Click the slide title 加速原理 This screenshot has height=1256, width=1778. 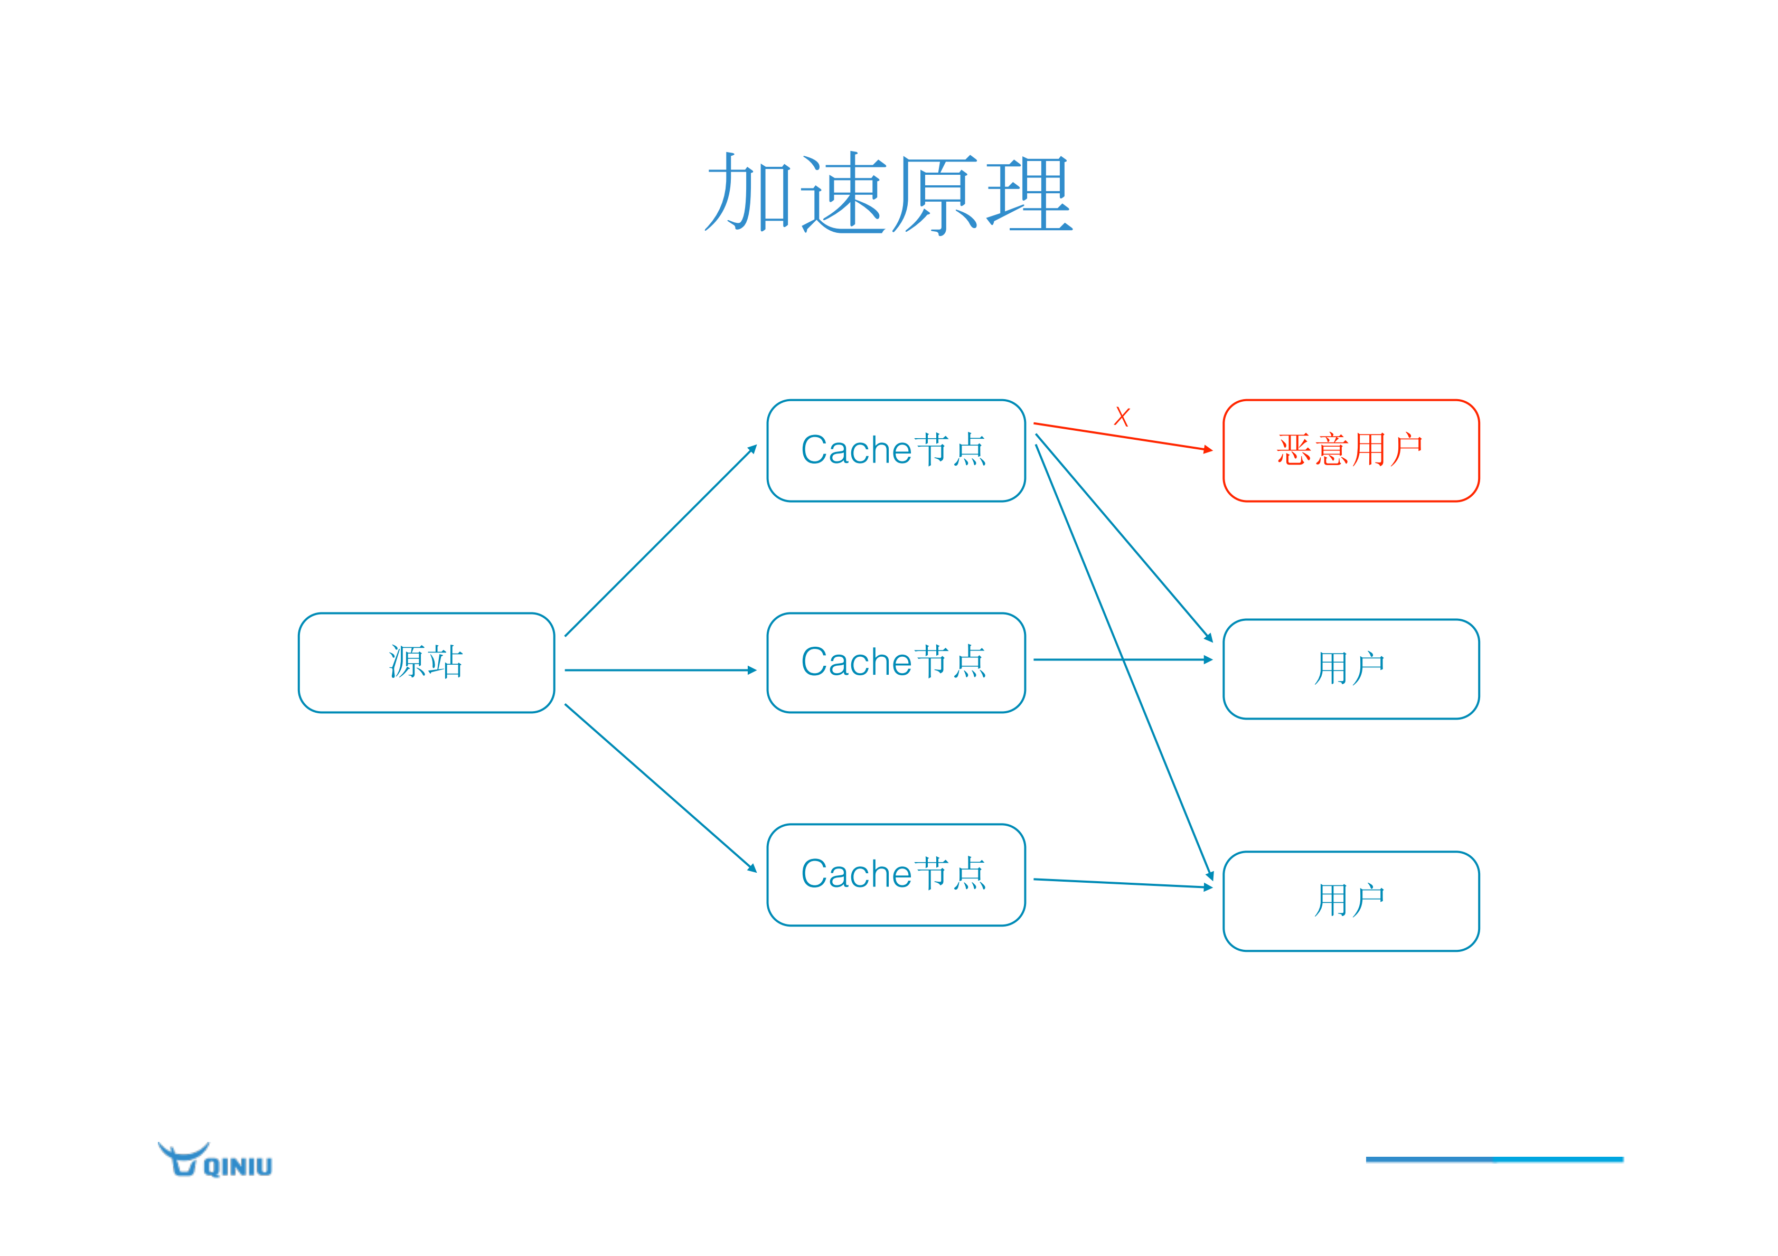point(888,194)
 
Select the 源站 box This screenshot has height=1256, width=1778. point(426,663)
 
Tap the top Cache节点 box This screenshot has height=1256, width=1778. point(896,451)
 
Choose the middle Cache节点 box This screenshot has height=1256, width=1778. point(896,663)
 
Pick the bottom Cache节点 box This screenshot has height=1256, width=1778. point(896,874)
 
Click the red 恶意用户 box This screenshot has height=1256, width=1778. point(1351,451)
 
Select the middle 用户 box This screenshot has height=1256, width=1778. point(1351,669)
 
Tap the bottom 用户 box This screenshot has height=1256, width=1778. point(1351,901)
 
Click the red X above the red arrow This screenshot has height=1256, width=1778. point(1121,418)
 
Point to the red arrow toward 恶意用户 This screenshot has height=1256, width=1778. point(1123,437)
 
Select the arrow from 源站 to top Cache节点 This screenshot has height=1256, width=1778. point(661,541)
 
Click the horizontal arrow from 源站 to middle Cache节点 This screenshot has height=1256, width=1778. point(661,670)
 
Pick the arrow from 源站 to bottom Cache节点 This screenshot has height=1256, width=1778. point(661,788)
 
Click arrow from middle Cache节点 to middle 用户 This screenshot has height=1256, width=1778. point(1084,660)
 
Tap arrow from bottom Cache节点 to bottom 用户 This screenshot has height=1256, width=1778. point(1123,884)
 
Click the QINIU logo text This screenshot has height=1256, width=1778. point(238,1167)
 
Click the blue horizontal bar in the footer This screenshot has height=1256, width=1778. point(1494,1159)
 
